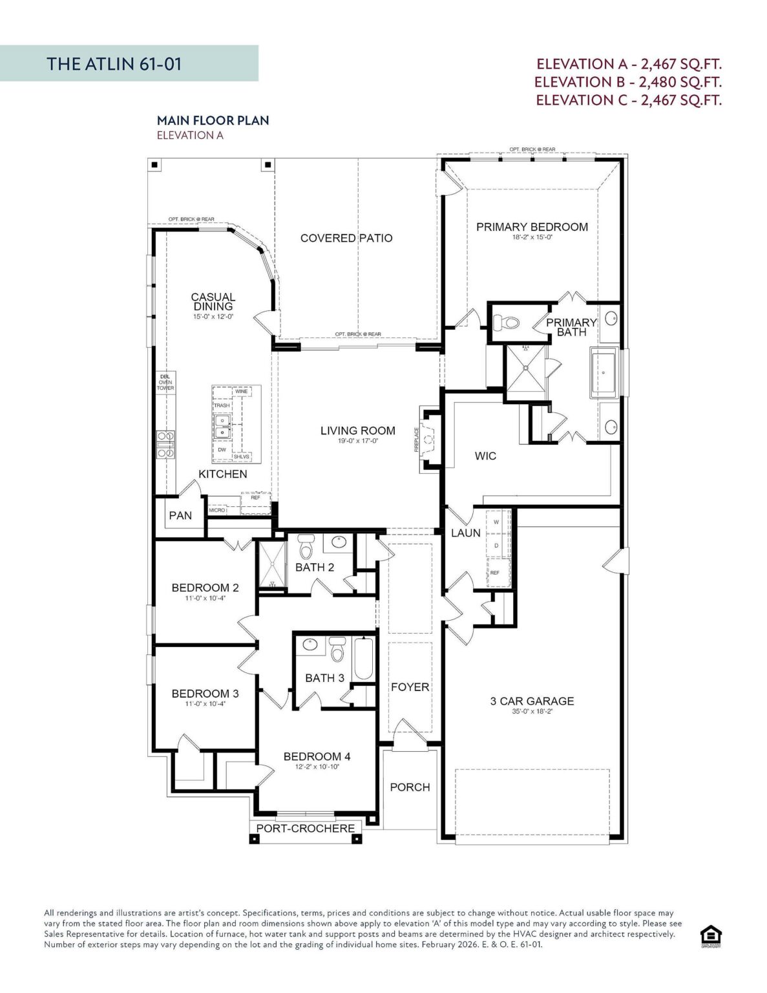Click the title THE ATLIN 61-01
coord(114,63)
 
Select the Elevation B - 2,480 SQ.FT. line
coord(627,82)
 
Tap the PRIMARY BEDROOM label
coord(532,227)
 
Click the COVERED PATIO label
coord(346,238)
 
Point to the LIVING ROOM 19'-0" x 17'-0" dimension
coord(357,441)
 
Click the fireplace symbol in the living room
coord(428,440)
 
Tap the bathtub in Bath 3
coord(363,659)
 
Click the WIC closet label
coord(485,456)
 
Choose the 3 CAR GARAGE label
coord(532,701)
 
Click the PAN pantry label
coord(180,515)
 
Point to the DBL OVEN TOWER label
coord(165,382)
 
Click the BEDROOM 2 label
coord(205,588)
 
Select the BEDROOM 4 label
coord(317,756)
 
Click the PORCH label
coord(410,787)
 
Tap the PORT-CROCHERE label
coord(305,828)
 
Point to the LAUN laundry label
coord(465,533)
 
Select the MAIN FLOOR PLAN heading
coord(213,120)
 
